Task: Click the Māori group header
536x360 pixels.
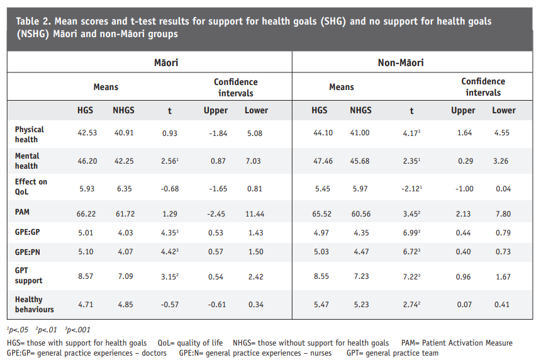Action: [x=166, y=62]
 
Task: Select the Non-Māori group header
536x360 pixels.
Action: [x=401, y=62]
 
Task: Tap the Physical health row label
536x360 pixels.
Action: [x=30, y=134]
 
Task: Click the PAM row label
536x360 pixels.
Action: [x=22, y=212]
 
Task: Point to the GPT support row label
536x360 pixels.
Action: [x=28, y=276]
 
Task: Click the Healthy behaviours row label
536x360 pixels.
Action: [x=34, y=304]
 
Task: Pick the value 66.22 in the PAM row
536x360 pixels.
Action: [x=86, y=214]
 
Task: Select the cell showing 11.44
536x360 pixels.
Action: [x=255, y=214]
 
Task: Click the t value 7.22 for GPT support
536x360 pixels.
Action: [x=411, y=276]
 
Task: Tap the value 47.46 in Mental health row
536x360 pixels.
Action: [x=323, y=161]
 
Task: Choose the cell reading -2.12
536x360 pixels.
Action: [x=411, y=189]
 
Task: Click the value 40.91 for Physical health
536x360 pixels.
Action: [x=124, y=133]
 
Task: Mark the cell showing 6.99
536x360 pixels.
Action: [x=411, y=233]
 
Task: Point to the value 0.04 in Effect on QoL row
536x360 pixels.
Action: [x=503, y=189]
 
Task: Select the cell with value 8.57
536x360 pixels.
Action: [x=86, y=276]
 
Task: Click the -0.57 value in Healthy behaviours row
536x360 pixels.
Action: [x=170, y=304]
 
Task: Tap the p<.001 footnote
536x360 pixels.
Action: [x=77, y=330]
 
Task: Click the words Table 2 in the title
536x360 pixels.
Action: [x=33, y=21]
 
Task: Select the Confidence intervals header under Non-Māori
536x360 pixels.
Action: [x=483, y=87]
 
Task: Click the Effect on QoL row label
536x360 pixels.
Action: [x=31, y=187]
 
